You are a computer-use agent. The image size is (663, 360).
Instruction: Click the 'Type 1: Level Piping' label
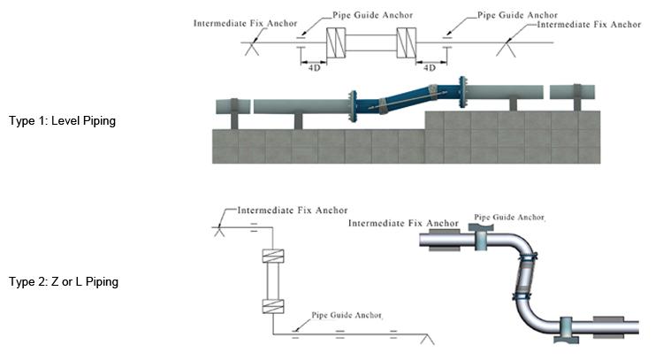click(62, 120)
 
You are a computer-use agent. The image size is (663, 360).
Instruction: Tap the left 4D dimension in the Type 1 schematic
click(314, 67)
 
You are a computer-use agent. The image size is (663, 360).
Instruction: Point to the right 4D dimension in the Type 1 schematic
click(431, 67)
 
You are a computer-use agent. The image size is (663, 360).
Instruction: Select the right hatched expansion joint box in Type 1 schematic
click(407, 43)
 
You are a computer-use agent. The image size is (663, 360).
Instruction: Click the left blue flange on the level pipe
click(353, 106)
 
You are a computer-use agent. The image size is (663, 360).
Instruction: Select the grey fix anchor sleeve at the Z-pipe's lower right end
click(609, 326)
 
